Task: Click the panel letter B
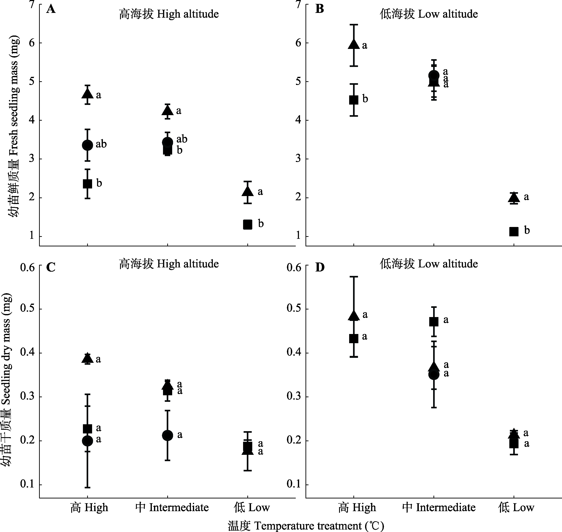(320, 9)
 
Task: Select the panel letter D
(320, 267)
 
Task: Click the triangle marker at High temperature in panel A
(88, 94)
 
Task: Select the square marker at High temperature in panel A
(88, 184)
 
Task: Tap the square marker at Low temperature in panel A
(247, 224)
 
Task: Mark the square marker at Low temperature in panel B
(514, 231)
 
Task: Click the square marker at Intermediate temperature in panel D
(434, 322)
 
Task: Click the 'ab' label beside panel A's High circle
(101, 144)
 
